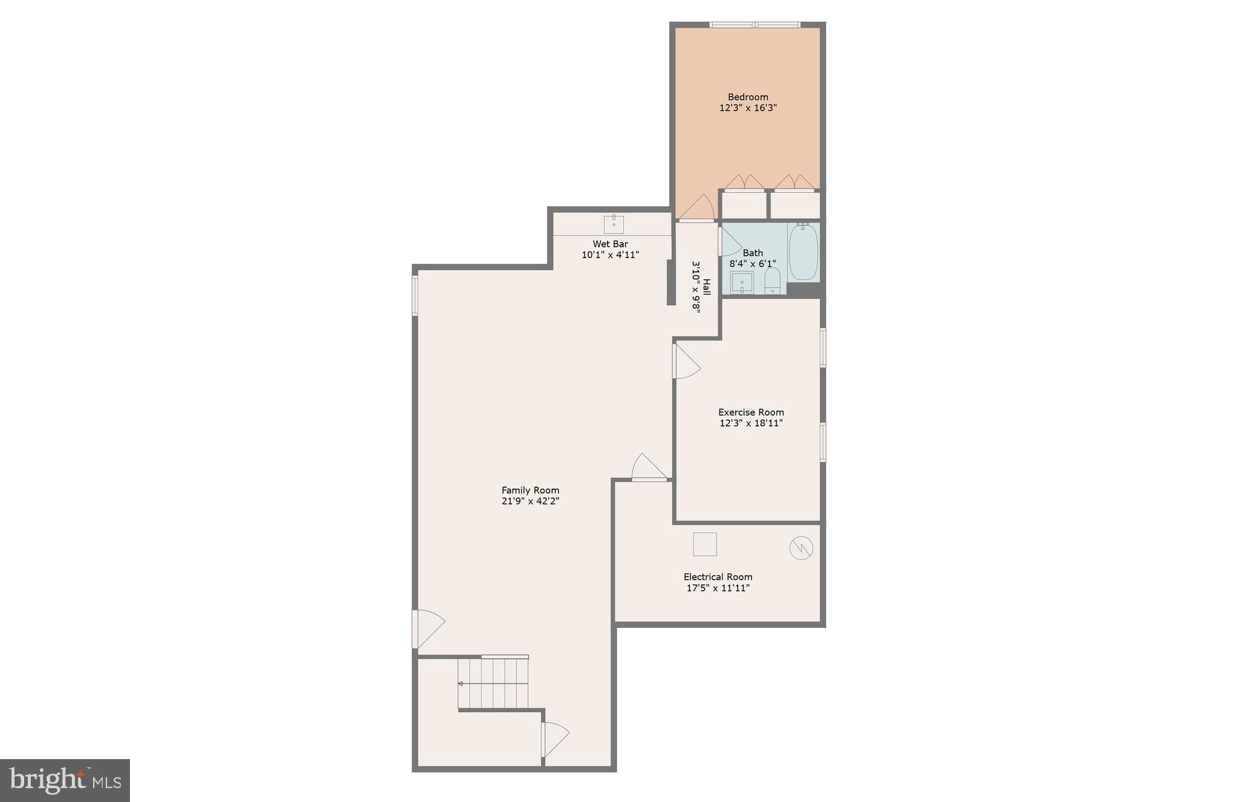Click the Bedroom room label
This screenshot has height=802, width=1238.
point(747,97)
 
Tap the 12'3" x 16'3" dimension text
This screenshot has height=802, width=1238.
point(747,108)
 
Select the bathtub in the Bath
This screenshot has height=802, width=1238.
point(803,252)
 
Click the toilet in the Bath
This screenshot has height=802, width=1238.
point(773,282)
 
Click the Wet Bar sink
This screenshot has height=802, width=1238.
point(614,224)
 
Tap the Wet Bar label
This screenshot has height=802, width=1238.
point(610,244)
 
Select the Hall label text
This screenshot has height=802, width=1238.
point(706,286)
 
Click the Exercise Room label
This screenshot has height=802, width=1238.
point(751,412)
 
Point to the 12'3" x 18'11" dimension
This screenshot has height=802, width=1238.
point(751,423)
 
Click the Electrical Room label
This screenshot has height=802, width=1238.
point(718,577)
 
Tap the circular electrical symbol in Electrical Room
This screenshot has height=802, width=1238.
point(801,548)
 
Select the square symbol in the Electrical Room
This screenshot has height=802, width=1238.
point(704,544)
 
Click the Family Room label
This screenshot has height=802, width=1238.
point(530,490)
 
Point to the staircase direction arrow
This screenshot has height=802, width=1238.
point(461,684)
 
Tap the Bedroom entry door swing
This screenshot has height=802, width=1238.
point(698,209)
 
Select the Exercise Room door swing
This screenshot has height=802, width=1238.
point(685,362)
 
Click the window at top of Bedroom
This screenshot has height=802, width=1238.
point(754,25)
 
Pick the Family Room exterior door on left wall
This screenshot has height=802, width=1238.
point(427,629)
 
